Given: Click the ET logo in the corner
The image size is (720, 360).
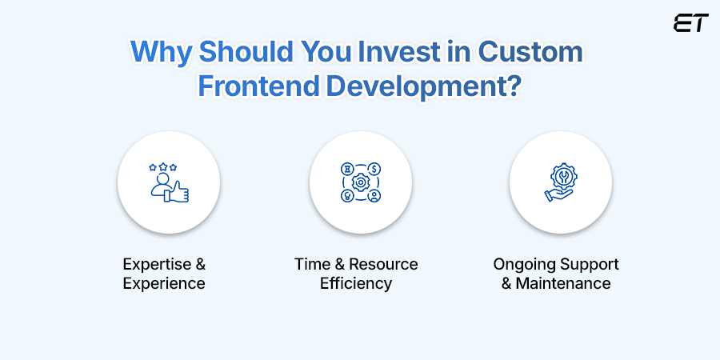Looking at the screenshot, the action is pos(691,23).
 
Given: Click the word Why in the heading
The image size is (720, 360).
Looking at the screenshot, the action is pos(161,53).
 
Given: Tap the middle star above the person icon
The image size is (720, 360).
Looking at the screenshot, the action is pos(162,166).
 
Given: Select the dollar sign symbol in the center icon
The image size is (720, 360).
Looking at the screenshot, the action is pos(374,169).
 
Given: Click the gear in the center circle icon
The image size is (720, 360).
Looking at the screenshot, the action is pos(361,182).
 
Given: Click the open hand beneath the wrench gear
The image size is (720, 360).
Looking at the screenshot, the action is pos(558,194).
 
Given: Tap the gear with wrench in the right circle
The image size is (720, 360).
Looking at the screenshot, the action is pos(563,176).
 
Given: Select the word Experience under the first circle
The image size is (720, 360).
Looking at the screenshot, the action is pos(164,284).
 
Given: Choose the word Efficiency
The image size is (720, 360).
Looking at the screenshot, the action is pos(356,284).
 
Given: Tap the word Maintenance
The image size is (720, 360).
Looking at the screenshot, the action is pos(563,283).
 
